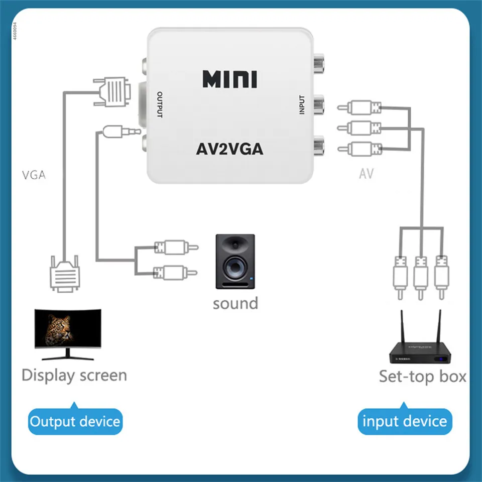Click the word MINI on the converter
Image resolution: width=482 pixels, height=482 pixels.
pyautogui.click(x=229, y=79)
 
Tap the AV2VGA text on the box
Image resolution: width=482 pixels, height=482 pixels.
pyautogui.click(x=229, y=150)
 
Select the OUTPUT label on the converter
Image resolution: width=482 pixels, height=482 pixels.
pyautogui.click(x=160, y=104)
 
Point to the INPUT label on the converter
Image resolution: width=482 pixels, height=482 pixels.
pyautogui.click(x=302, y=105)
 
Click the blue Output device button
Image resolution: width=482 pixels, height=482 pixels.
pyautogui.click(x=75, y=421)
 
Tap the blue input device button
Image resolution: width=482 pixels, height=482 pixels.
pyautogui.click(x=405, y=421)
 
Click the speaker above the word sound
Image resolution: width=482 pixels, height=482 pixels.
pyautogui.click(x=235, y=262)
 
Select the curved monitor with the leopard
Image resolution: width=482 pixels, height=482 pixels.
pyautogui.click(x=68, y=334)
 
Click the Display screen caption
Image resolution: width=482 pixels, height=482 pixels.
pyautogui.click(x=74, y=376)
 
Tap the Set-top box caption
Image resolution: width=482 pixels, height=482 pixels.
pyautogui.click(x=422, y=376)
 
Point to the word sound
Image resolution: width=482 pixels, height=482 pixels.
pyautogui.click(x=235, y=303)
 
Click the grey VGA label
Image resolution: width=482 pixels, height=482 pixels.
pyautogui.click(x=34, y=175)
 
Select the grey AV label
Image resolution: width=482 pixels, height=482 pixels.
pyautogui.click(x=366, y=174)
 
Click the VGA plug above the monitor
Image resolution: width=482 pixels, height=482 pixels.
pyautogui.click(x=65, y=273)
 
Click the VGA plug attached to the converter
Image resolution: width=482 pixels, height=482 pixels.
pyautogui.click(x=112, y=91)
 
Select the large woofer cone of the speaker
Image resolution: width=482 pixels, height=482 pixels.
pyautogui.click(x=235, y=267)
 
